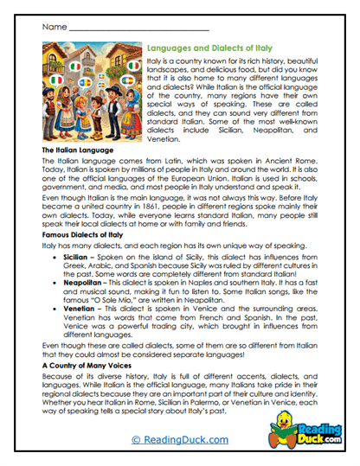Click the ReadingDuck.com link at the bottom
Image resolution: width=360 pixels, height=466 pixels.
[179, 440]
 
